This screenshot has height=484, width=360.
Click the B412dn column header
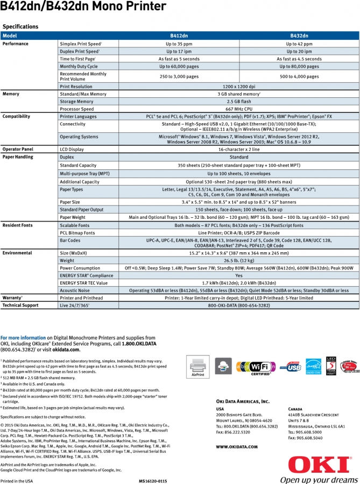pyautogui.click(x=179, y=36)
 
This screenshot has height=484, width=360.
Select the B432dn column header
pyautogui.click(x=299, y=36)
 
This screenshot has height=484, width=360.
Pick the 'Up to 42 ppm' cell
pyautogui.click(x=299, y=44)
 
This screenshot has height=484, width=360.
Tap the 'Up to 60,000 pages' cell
pyautogui.click(x=179, y=67)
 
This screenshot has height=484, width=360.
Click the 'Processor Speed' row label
pyautogui.click(x=76, y=109)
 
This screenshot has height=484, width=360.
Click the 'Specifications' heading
pyautogui.click(x=20, y=26)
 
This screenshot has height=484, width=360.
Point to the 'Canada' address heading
pyautogui.click(x=295, y=409)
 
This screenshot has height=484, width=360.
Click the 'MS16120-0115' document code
pyautogui.click(x=153, y=480)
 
